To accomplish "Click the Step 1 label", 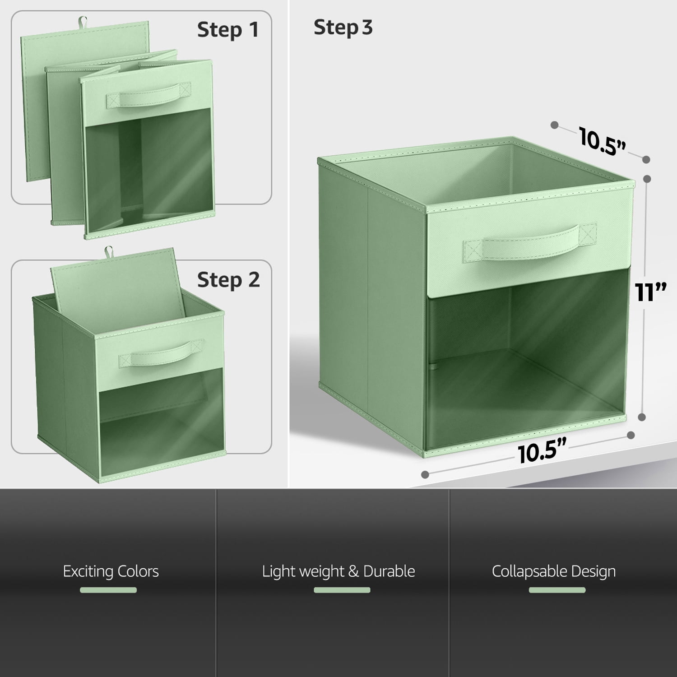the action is click(228, 30).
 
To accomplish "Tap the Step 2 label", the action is click(228, 280).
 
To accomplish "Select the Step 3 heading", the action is click(343, 28).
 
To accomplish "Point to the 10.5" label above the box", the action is click(603, 141).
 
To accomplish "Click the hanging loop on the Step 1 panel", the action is click(82, 21).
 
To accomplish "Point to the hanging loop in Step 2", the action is click(108, 252).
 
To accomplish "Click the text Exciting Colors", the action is click(111, 571).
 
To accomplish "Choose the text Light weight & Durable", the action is click(338, 571).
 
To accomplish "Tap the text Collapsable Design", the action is click(554, 571).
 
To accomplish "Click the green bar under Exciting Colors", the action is click(108, 590).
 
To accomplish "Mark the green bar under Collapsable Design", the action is click(557, 590).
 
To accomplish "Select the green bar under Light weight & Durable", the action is click(342, 590).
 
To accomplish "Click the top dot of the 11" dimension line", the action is click(647, 179).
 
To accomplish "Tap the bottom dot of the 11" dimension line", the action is click(642, 417).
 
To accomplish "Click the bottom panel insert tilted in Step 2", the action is click(117, 289).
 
